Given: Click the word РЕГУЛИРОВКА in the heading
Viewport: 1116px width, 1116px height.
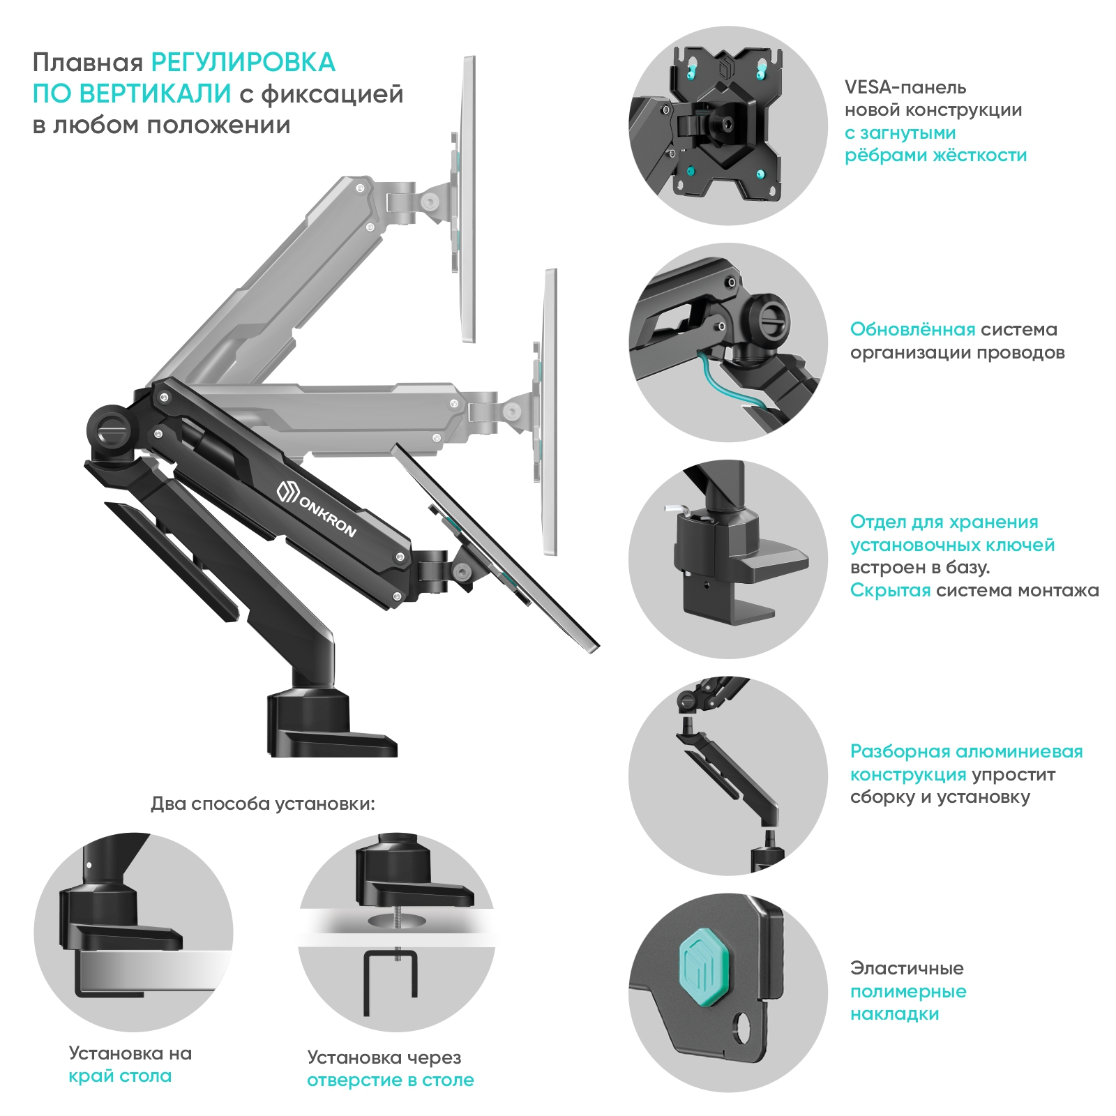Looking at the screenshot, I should click(x=243, y=63).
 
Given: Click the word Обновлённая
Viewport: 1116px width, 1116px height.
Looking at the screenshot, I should click(x=912, y=329).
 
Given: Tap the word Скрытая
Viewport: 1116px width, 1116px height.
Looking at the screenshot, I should click(x=889, y=590).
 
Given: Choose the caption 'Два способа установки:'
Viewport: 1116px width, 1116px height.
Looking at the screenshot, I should click(x=262, y=804).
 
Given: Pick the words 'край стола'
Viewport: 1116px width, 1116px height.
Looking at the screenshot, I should click(x=120, y=1076).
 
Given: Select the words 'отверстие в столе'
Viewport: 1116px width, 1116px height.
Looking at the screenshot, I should click(x=390, y=1080).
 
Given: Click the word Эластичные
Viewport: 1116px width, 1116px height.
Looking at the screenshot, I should click(x=906, y=968).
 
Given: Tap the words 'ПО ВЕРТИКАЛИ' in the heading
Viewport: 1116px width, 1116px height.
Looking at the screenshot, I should click(x=132, y=93).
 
